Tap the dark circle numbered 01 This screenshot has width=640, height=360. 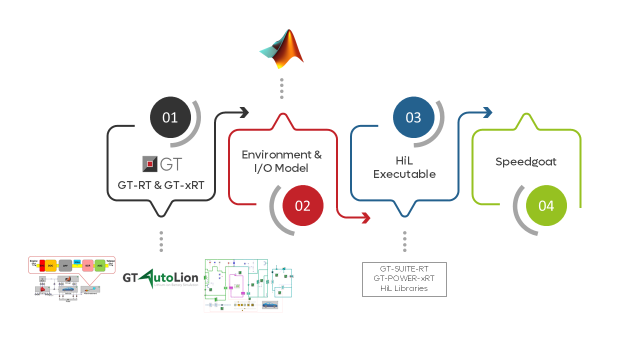coord(170,117)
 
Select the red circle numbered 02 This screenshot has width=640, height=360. coord(303,205)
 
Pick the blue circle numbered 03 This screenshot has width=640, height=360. coord(413,117)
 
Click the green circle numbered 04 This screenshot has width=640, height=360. coord(546,205)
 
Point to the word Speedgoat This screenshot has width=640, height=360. coord(526,162)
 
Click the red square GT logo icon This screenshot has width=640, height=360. coord(149,163)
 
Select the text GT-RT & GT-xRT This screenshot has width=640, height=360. coord(161,185)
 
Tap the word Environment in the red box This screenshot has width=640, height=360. coord(274,154)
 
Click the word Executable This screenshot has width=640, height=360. coord(404,174)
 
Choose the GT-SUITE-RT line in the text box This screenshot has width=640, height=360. coord(404,269)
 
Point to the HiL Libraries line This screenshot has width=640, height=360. coord(404,288)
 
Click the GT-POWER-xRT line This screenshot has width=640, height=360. coord(404,278)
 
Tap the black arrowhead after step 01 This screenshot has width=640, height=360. coord(244,112)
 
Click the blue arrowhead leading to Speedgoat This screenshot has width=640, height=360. coord(488,112)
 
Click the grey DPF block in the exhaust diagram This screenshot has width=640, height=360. coord(65,265)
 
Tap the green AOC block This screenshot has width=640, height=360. coord(100,265)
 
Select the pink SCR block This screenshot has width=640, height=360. coord(88,265)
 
